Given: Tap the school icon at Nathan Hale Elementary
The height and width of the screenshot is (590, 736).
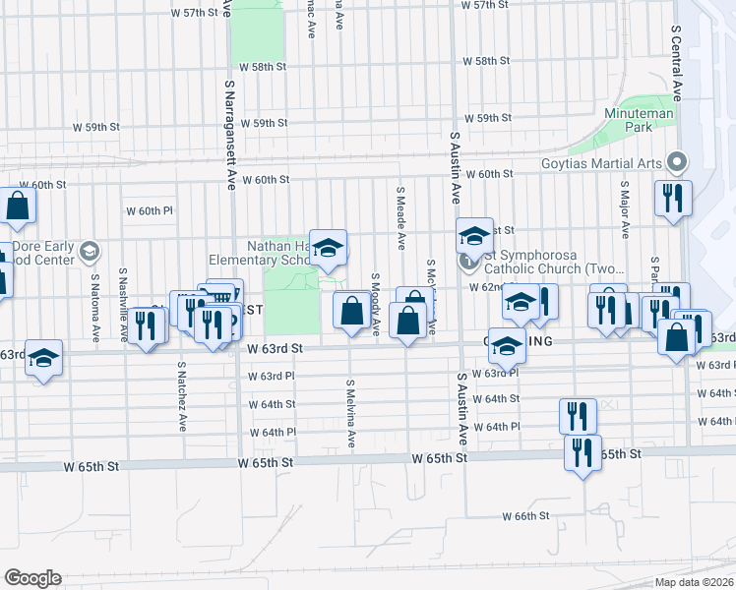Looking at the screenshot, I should coord(328,248).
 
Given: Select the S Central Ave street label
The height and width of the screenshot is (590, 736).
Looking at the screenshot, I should coord(677,64).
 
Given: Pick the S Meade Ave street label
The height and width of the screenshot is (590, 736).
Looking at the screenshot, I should coord(401,215).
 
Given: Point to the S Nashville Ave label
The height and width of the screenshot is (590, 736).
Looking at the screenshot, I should coord(125,305).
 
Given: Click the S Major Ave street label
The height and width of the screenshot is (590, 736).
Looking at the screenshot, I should coord(625,208).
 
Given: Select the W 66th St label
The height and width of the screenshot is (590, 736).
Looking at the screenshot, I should coord(524,516).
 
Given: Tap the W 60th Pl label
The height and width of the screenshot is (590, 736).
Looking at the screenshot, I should coord(149,211).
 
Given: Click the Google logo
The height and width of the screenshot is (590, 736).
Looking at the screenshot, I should coord(32,578).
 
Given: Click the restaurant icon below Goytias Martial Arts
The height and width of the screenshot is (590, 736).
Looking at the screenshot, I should coord(673,198).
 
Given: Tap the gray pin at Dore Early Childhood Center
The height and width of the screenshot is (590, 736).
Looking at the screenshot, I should coord(90,253).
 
